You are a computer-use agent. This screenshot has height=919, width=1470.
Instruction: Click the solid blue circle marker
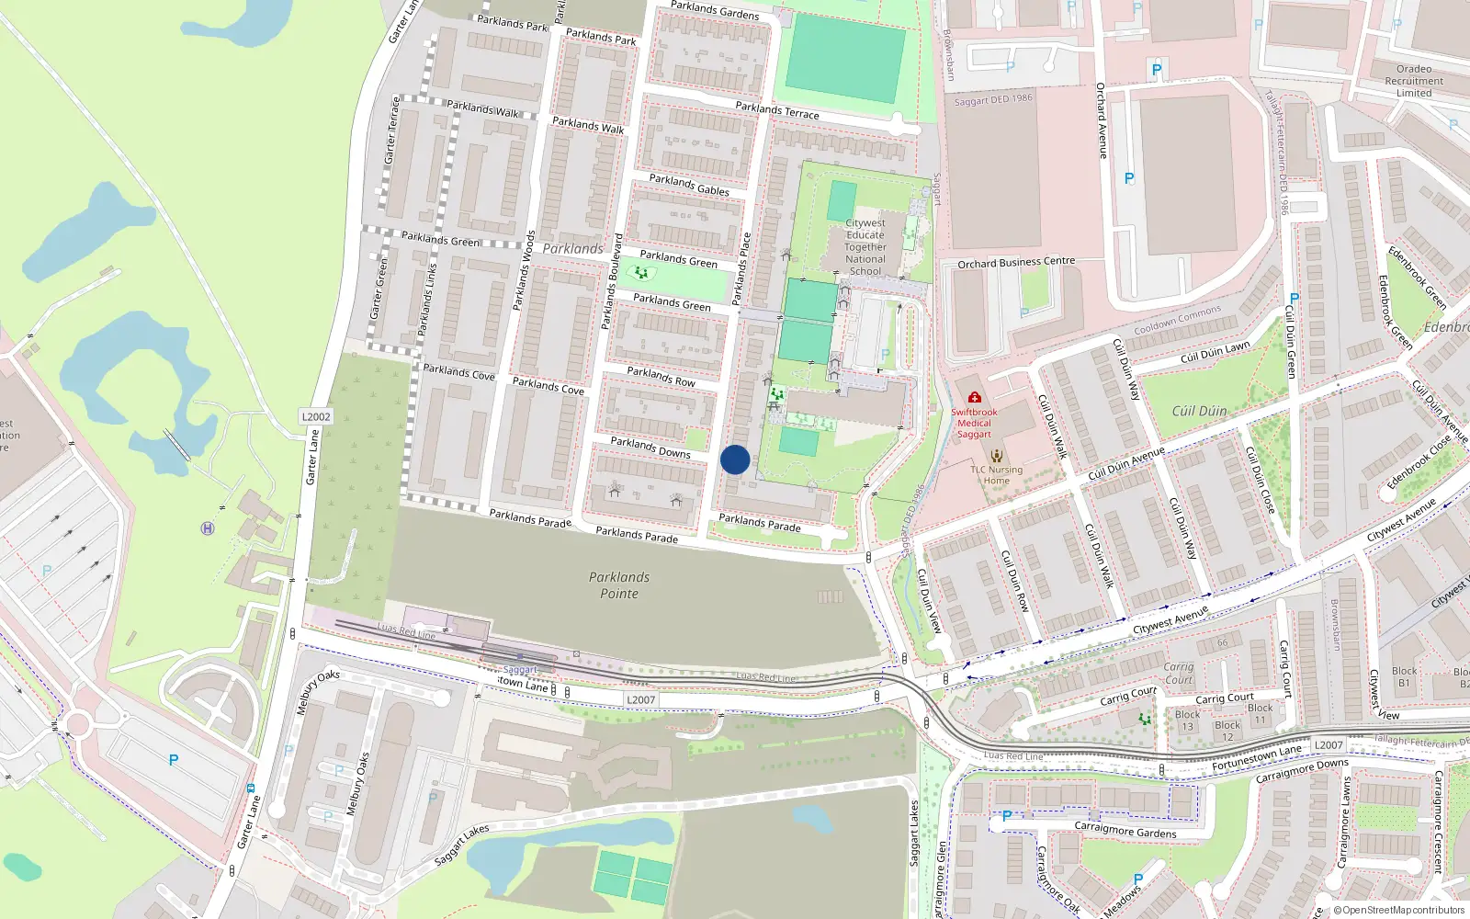click(x=735, y=459)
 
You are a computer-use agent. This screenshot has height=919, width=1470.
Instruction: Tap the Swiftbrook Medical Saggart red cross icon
click(x=974, y=397)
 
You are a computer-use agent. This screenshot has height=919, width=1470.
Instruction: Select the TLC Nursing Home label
click(x=997, y=474)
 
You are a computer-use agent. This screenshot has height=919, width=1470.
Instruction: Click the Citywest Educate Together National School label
click(x=865, y=247)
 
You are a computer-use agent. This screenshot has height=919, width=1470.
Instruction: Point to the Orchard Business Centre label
click(x=1016, y=263)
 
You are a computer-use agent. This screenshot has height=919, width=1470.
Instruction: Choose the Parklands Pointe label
click(x=619, y=585)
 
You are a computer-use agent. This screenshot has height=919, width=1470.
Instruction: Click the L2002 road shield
click(x=316, y=416)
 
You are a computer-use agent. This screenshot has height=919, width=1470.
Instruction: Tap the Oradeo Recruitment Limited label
click(x=1414, y=81)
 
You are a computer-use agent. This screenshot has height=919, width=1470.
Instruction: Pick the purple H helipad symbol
click(x=208, y=528)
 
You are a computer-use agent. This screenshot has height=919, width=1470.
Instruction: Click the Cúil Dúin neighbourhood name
click(x=1199, y=411)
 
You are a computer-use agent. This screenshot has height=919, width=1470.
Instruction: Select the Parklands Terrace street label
click(x=777, y=110)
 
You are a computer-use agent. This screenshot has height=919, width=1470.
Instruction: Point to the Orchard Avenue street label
click(x=1102, y=120)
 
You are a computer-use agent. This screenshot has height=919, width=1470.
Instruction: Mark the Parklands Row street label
click(x=661, y=376)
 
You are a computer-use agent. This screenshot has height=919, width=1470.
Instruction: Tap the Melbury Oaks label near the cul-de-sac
click(x=318, y=692)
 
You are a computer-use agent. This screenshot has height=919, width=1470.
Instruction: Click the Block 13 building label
click(x=1187, y=720)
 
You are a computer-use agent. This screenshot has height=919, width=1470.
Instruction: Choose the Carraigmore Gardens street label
click(x=1125, y=831)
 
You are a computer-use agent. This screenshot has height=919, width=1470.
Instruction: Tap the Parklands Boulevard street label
click(x=612, y=281)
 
